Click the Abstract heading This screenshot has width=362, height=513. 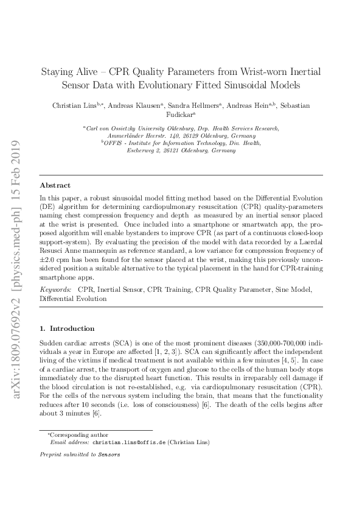click(55, 185)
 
